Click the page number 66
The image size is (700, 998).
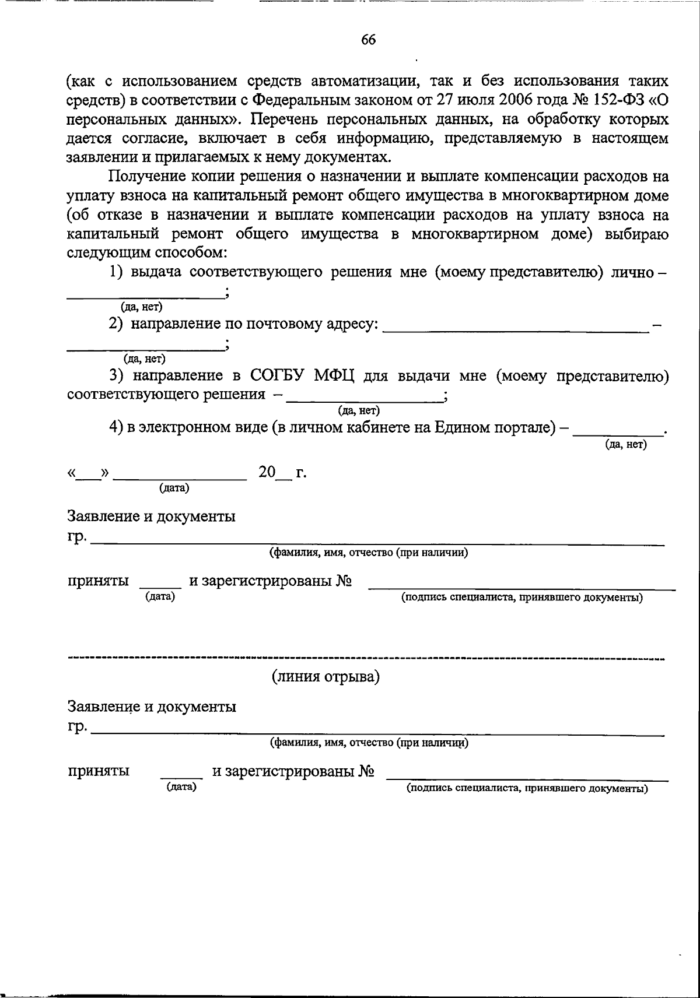pos(368,39)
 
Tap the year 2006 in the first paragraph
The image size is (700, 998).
pos(513,99)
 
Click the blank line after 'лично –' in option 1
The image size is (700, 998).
pos(146,297)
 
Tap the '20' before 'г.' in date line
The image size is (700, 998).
pos(267,472)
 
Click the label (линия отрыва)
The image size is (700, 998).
pos(325,677)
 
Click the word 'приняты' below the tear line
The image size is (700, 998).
pos(99,771)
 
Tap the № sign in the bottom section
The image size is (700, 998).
pos(366,772)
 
